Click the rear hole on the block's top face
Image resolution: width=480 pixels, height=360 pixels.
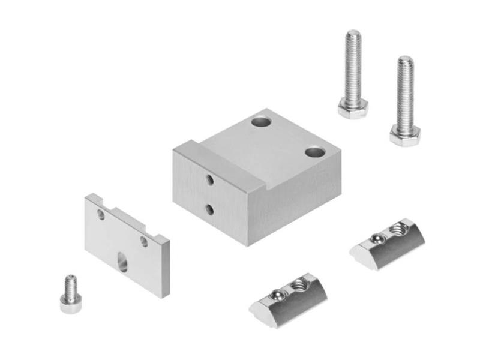(261, 122)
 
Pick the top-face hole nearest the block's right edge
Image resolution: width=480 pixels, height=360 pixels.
(314, 152)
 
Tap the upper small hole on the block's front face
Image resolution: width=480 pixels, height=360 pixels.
(209, 179)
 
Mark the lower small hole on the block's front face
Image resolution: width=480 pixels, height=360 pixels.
(209, 209)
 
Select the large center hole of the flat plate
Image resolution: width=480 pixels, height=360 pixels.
(122, 262)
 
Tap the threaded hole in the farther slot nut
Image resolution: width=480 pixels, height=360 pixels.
(398, 227)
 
